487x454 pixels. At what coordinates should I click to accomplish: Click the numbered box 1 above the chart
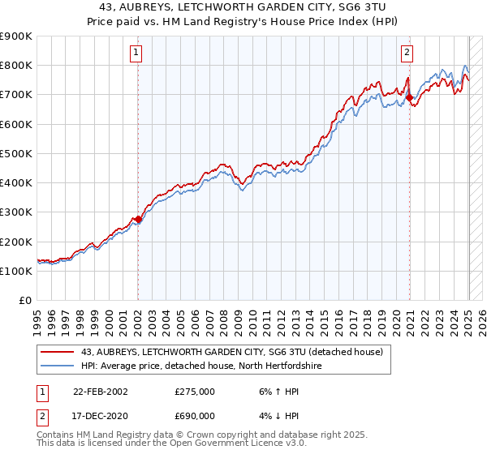pyautogui.click(x=136, y=54)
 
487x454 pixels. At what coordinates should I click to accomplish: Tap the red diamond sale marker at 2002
pyautogui.click(x=139, y=219)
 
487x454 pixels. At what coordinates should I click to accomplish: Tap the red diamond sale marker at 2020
pyautogui.click(x=410, y=98)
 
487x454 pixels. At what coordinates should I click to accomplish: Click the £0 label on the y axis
pyautogui.click(x=24, y=301)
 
